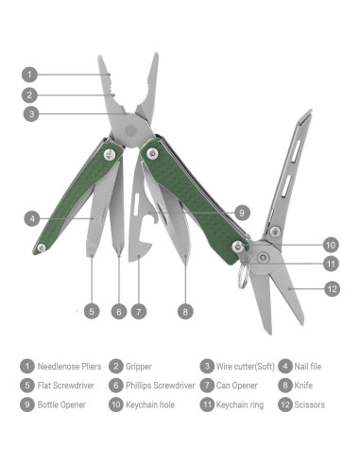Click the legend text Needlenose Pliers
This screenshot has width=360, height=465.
point(69,366)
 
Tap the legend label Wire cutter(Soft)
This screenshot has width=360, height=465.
point(245,366)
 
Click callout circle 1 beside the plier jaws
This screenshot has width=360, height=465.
point(31,74)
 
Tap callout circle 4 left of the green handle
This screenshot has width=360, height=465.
point(31,218)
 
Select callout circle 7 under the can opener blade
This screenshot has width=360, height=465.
point(140,310)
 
